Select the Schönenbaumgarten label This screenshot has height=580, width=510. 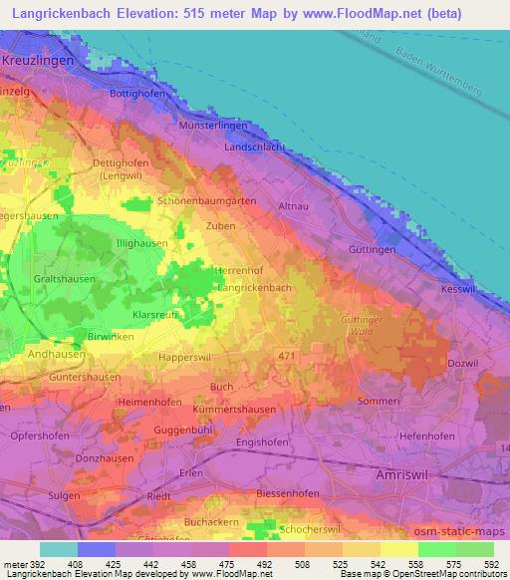pos(207,200)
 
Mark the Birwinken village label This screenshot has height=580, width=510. pos(110,337)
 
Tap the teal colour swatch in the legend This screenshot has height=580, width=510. pos(58,549)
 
